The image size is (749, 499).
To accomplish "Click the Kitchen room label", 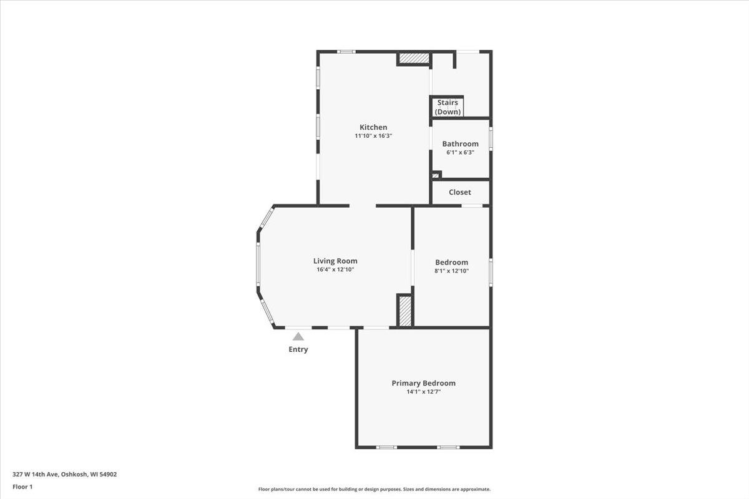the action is (373, 127).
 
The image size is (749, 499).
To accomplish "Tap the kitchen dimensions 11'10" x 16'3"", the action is (373, 136).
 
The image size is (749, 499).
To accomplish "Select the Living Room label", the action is (335, 261).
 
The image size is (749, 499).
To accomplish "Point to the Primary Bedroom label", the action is (423, 383).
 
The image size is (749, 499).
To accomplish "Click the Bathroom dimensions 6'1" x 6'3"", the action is (460, 152).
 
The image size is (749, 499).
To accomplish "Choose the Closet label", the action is (460, 192).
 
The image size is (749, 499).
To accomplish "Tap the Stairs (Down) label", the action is (448, 107).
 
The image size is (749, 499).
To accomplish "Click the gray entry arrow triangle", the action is (298, 336).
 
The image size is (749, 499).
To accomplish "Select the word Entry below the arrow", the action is (298, 349).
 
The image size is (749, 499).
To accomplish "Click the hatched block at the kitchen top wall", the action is (414, 58).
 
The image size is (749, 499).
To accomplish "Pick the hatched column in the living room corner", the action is (405, 311).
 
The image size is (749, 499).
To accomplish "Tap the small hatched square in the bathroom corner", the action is (436, 175).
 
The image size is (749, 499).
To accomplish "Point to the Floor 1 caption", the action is (22, 487).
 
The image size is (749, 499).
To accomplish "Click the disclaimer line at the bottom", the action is (374, 489).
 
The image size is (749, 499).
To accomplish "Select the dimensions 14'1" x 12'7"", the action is (423, 392).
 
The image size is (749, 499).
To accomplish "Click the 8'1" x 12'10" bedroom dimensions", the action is (451, 271).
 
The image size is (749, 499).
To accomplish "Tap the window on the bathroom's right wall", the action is (491, 138).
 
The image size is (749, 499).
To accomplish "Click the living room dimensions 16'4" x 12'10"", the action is (335, 269).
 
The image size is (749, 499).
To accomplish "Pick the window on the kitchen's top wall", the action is (346, 52).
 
